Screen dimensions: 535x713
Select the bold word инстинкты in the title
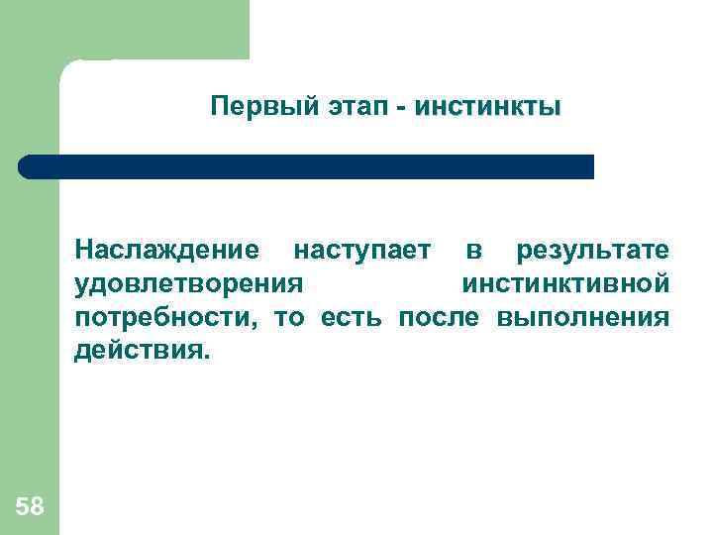click(x=487, y=106)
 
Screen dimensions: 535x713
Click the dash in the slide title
click(x=401, y=107)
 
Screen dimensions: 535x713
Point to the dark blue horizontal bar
click(x=307, y=166)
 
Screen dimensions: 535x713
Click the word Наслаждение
click(x=167, y=250)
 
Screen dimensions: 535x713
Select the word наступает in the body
click(x=362, y=250)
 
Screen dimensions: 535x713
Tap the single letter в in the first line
click(x=474, y=250)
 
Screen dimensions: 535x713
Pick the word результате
click(x=592, y=250)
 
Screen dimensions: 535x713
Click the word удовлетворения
click(x=187, y=284)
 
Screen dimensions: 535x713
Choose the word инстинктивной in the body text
click(x=565, y=284)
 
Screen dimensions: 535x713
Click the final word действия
click(x=143, y=352)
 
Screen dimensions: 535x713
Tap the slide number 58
click(x=30, y=507)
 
